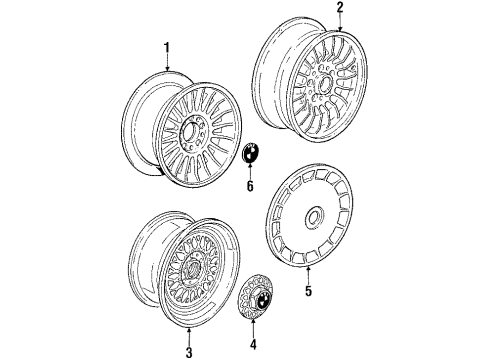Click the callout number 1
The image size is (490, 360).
tap(167, 47)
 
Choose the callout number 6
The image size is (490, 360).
tap(251, 186)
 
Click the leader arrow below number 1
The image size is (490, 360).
tap(167, 62)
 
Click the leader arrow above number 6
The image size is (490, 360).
tap(251, 172)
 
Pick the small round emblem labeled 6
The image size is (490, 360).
tap(251, 155)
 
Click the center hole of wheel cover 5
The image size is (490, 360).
tap(316, 216)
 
